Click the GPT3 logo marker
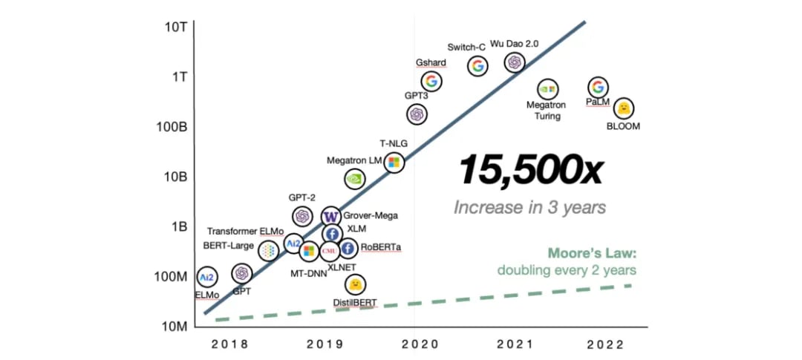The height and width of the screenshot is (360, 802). coord(417,114)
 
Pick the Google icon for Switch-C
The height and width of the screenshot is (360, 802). coord(477,66)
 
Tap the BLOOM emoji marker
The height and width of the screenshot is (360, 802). coord(625,108)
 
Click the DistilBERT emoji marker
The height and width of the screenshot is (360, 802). coord(356,284)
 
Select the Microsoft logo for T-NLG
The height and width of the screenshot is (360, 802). coord(394,162)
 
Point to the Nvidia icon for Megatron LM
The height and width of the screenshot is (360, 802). coord(355,178)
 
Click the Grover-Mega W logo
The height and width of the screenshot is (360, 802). coord(331,217)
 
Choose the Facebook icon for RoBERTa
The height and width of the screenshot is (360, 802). coord(348,249)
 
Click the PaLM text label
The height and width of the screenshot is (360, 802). coord(597,102)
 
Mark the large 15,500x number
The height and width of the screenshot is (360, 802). coord(529,170)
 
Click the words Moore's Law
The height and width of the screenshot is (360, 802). coord(592,254)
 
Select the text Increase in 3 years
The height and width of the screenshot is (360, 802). coord(529,206)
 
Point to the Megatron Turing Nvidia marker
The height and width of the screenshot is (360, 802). coord(547,89)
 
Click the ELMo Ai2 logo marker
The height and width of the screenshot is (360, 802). coord(207,277)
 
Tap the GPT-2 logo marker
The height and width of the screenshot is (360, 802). coord(302,216)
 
